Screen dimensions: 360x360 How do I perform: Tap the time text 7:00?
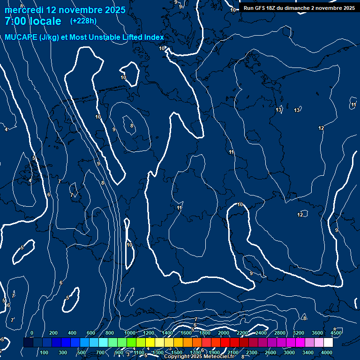click(16, 22)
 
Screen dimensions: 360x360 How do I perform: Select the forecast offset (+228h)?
click(83, 21)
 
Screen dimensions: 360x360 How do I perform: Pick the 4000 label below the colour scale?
click(327, 352)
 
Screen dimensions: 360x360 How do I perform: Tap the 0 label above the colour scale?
click(32, 333)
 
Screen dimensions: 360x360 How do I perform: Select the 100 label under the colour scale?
click(44, 352)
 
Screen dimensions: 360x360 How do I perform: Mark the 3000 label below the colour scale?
click(289, 352)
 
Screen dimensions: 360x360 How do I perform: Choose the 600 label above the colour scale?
click(91, 333)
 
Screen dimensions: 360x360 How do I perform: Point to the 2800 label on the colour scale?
click(280, 333)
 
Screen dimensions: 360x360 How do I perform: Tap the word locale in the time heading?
click(45, 22)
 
